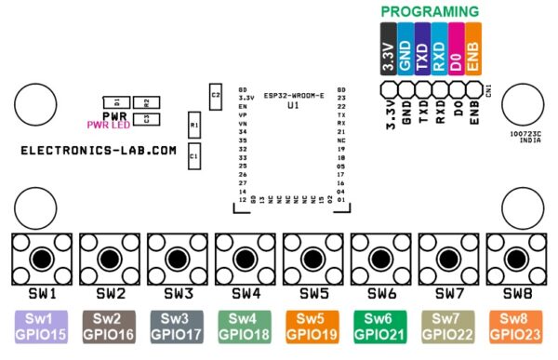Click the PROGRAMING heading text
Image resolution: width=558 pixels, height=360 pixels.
pos(430,12)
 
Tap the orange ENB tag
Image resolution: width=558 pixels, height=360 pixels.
pos(474,48)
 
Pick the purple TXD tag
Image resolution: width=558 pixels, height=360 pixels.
pos(421,48)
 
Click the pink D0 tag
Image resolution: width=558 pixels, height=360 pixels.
pos(457,48)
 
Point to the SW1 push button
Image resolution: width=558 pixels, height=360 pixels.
pos(41,258)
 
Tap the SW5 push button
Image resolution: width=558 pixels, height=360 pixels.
pos(313,258)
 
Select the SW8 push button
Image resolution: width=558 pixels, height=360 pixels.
pos(517,258)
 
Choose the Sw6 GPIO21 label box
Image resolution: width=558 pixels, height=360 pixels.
pos(381,327)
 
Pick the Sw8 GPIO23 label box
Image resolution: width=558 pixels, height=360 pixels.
pos(517,327)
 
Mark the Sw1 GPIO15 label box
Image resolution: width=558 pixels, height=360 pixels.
pos(41,327)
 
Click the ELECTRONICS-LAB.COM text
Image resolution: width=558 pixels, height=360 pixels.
pos(99,150)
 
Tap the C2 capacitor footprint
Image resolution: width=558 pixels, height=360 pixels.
pos(216,94)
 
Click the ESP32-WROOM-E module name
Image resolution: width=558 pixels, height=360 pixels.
pos(294,94)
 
